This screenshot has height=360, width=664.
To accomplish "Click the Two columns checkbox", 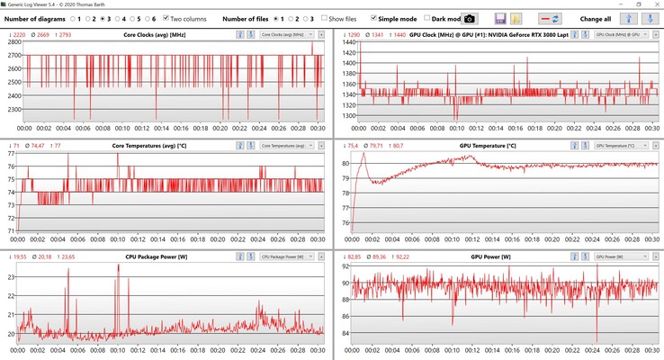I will coord(166,18).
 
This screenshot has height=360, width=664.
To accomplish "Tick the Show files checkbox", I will coord(325,18).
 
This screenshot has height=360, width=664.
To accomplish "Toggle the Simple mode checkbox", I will coord(374,18).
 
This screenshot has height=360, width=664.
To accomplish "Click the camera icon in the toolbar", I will coord(470,18).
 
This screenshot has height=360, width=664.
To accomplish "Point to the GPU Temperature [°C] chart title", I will coord(487,145).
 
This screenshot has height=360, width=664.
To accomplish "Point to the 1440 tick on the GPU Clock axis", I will coord(342,42).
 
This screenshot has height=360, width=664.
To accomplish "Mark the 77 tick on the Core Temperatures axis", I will coord(13,154).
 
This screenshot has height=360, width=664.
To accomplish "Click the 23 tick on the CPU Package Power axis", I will coord(13,277).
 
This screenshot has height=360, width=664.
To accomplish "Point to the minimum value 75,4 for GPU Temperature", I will coord(346,145).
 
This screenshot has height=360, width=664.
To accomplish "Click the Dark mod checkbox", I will coord(427,18).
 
